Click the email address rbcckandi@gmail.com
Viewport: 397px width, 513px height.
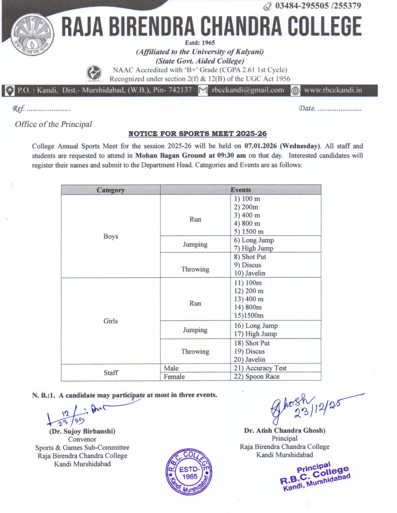click(x=248, y=90)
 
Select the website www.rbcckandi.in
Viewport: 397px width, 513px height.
click(x=333, y=90)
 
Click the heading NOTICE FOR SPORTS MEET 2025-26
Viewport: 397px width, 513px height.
click(x=197, y=134)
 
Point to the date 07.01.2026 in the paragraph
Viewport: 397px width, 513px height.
click(x=261, y=146)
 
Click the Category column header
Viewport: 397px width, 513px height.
click(x=110, y=190)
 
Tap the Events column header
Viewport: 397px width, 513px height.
click(x=240, y=190)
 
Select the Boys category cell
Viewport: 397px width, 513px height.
click(x=110, y=236)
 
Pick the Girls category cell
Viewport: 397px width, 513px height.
click(x=110, y=321)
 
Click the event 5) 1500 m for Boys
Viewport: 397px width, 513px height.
click(x=249, y=232)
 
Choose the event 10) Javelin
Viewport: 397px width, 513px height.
click(x=250, y=273)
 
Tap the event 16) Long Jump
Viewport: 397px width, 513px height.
click(x=256, y=326)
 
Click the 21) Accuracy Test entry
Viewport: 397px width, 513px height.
click(x=260, y=368)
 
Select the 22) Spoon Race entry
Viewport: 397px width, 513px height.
click(x=257, y=377)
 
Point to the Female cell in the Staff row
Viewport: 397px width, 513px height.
click(x=174, y=377)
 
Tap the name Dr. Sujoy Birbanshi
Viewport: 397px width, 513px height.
click(x=82, y=431)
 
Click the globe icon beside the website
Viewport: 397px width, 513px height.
click(x=295, y=91)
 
